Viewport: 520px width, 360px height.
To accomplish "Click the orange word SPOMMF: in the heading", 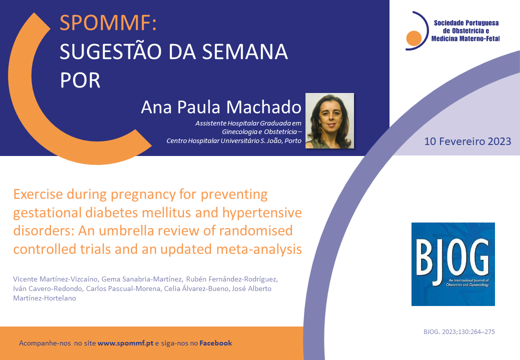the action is click(108, 23).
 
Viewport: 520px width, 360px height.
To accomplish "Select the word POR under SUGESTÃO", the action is click(80, 80).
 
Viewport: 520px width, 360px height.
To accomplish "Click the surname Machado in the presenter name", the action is click(264, 107).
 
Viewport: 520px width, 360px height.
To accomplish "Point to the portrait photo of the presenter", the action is click(329, 120).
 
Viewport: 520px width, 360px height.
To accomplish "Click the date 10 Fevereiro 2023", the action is click(467, 141).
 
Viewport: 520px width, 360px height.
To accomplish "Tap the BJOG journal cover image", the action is click(453, 264).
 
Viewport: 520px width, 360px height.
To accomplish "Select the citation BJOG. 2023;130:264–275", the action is click(459, 332).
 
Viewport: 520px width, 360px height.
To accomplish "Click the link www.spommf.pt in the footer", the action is click(125, 343).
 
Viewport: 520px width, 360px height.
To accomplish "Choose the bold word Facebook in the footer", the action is click(215, 343).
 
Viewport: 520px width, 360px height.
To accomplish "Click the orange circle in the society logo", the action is click(414, 38).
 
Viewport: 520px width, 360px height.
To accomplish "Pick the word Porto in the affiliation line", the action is click(293, 141).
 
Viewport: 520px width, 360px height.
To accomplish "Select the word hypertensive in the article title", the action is click(262, 213).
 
